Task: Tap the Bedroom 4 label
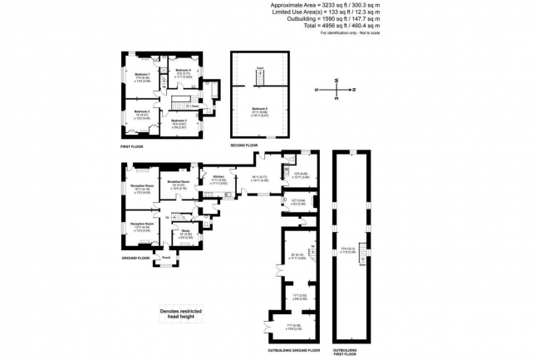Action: pyautogui.click(x=184, y=70)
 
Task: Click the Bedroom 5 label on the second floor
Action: pyautogui.click(x=260, y=109)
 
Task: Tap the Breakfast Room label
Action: pyautogui.click(x=179, y=181)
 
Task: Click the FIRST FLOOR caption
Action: pyautogui.click(x=132, y=145)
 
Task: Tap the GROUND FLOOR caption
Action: pyautogui.click(x=134, y=258)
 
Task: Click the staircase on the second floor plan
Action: pyautogui.click(x=259, y=77)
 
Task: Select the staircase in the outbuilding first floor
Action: pyautogui.click(x=362, y=259)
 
